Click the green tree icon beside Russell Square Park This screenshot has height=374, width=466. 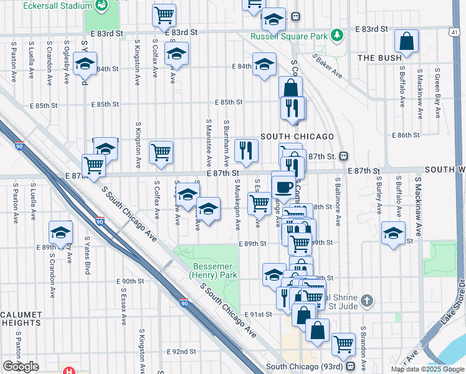337,34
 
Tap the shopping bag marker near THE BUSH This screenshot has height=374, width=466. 406,42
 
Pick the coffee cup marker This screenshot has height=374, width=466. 284,186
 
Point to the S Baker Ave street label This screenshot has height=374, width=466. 328,66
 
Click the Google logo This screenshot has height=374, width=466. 21,367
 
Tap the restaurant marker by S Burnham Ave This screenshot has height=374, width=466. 246,150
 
